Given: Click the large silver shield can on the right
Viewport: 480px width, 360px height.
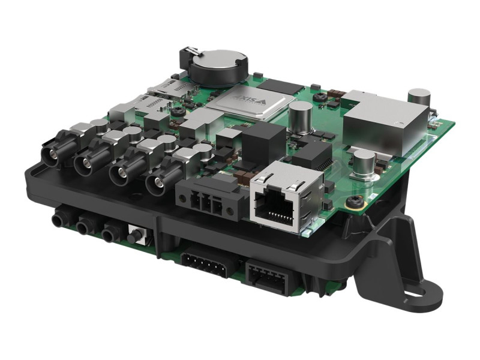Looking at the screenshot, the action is (x=385, y=122).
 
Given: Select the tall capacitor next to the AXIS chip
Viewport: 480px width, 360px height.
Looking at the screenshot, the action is (x=300, y=117).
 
